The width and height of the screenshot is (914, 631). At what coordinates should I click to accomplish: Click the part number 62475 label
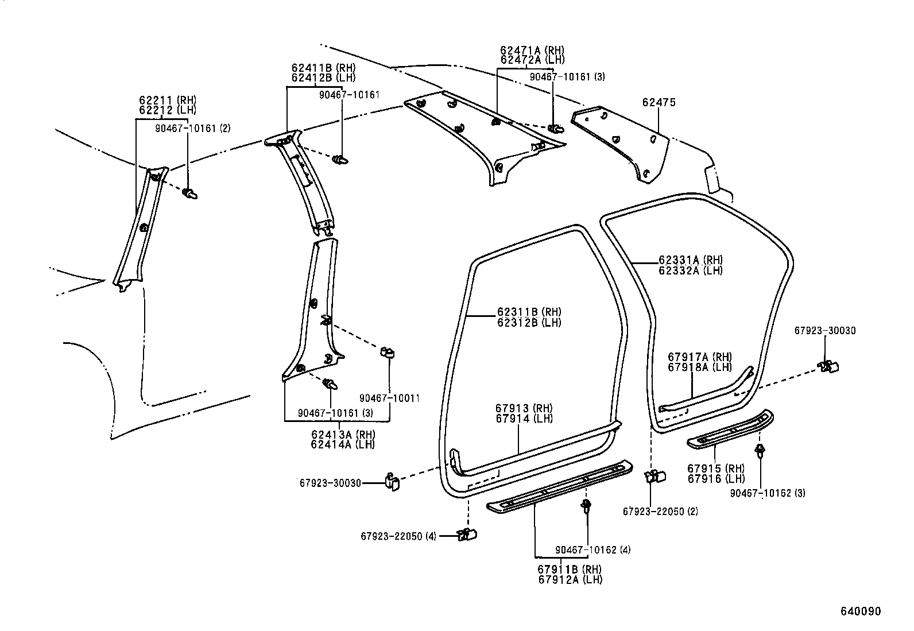(659, 103)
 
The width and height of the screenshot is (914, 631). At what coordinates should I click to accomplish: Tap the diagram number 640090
(861, 611)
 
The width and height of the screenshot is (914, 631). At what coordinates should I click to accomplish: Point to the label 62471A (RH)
(532, 51)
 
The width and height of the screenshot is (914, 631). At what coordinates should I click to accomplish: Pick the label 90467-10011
(389, 398)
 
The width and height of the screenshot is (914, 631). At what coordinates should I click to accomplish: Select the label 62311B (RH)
(529, 312)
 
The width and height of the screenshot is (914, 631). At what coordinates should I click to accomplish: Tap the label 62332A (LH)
(690, 270)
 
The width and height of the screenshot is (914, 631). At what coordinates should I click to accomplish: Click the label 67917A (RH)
(699, 357)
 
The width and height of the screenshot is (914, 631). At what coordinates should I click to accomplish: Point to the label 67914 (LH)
(524, 419)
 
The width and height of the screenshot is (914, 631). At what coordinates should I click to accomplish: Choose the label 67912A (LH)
(570, 579)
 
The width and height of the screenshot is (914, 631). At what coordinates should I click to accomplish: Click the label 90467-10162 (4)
(592, 550)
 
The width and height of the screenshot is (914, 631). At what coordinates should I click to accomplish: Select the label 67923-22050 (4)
(398, 536)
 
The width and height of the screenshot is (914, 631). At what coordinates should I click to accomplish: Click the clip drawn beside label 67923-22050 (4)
(467, 535)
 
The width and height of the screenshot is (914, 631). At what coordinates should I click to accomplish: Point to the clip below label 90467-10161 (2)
(190, 193)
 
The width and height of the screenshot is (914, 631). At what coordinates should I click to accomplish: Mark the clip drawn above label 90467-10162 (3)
(761, 451)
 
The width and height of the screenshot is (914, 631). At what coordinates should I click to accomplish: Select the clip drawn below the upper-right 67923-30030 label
(828, 366)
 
